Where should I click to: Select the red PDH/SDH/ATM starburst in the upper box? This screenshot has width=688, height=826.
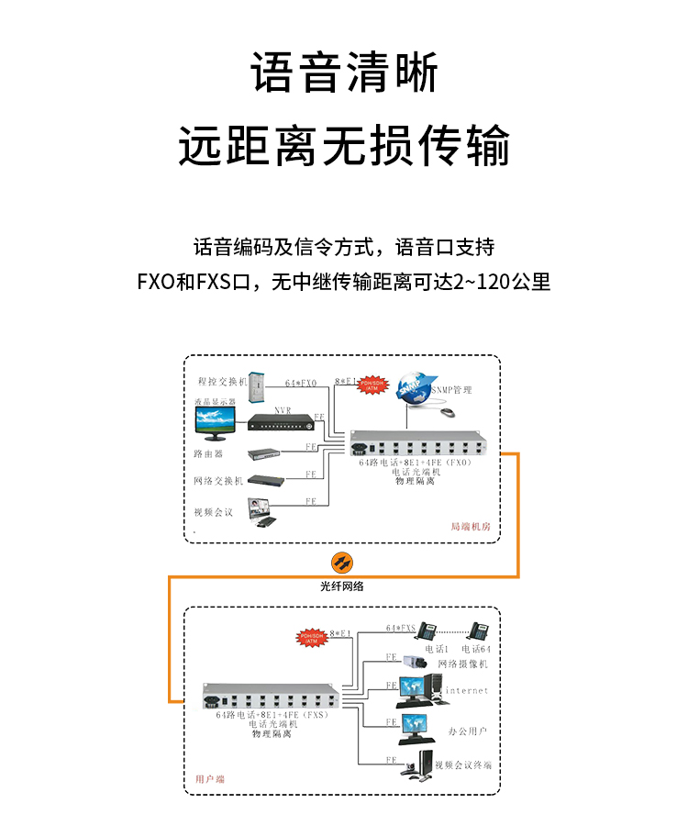[x=372, y=386]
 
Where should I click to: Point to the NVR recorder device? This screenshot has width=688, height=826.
[x=283, y=425]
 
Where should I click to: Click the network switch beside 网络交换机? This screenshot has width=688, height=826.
[x=266, y=480]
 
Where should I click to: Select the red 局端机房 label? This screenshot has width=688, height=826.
[x=470, y=527]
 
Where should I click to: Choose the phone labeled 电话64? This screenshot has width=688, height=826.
[x=478, y=631]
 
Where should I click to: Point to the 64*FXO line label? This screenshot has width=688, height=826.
[x=301, y=384]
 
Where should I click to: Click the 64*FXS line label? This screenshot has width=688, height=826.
[x=401, y=629]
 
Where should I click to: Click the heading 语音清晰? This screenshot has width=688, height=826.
[x=344, y=73]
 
